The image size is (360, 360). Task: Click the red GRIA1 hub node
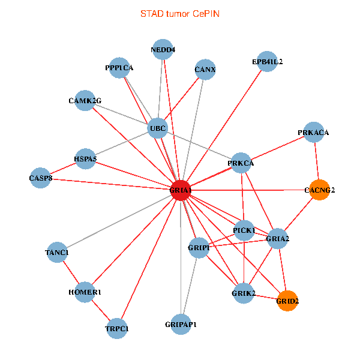pyautogui.click(x=181, y=190)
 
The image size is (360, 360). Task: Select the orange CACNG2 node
pyautogui.click(x=320, y=190)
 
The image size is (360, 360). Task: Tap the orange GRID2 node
pyautogui.click(x=287, y=301)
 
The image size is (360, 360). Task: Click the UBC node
pyautogui.click(x=157, y=128)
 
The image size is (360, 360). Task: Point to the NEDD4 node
pyautogui.click(x=163, y=50)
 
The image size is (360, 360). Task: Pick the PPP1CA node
pyautogui.click(x=119, y=68)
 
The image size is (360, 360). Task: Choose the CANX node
pyautogui.click(x=205, y=70)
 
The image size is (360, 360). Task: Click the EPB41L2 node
pyautogui.click(x=267, y=62)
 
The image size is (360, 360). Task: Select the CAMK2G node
pyautogui.click(x=85, y=100)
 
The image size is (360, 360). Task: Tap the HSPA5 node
pyautogui.click(x=85, y=159)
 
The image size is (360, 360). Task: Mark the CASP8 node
pyautogui.click(x=41, y=178)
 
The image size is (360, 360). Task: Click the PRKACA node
pyautogui.click(x=313, y=132)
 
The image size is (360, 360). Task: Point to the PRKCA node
pyautogui.click(x=241, y=163)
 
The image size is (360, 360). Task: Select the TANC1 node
pyautogui.click(x=57, y=253)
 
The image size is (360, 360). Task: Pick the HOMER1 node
pyautogui.click(x=85, y=292)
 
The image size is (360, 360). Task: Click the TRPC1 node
pyautogui.click(x=117, y=328)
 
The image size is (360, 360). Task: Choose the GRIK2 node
pyautogui.click(x=244, y=293)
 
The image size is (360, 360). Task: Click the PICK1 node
pyautogui.click(x=244, y=230)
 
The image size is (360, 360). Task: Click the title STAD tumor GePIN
pyautogui.click(x=180, y=13)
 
